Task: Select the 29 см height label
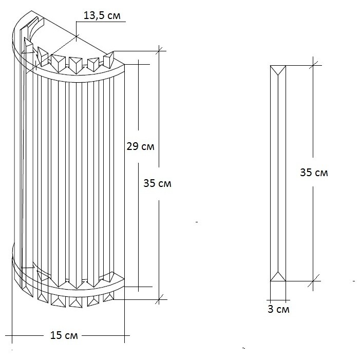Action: [140, 146]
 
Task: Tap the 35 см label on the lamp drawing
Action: [157, 182]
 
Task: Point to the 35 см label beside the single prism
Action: [314, 173]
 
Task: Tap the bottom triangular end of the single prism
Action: [278, 276]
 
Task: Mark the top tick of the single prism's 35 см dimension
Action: [314, 64]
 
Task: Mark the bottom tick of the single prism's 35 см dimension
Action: [314, 281]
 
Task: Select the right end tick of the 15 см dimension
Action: [125, 336]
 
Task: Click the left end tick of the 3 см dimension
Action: [270, 299]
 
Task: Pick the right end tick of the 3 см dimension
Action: [286, 299]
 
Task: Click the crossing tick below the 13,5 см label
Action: [76, 36]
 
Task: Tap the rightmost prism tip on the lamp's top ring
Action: [109, 59]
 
